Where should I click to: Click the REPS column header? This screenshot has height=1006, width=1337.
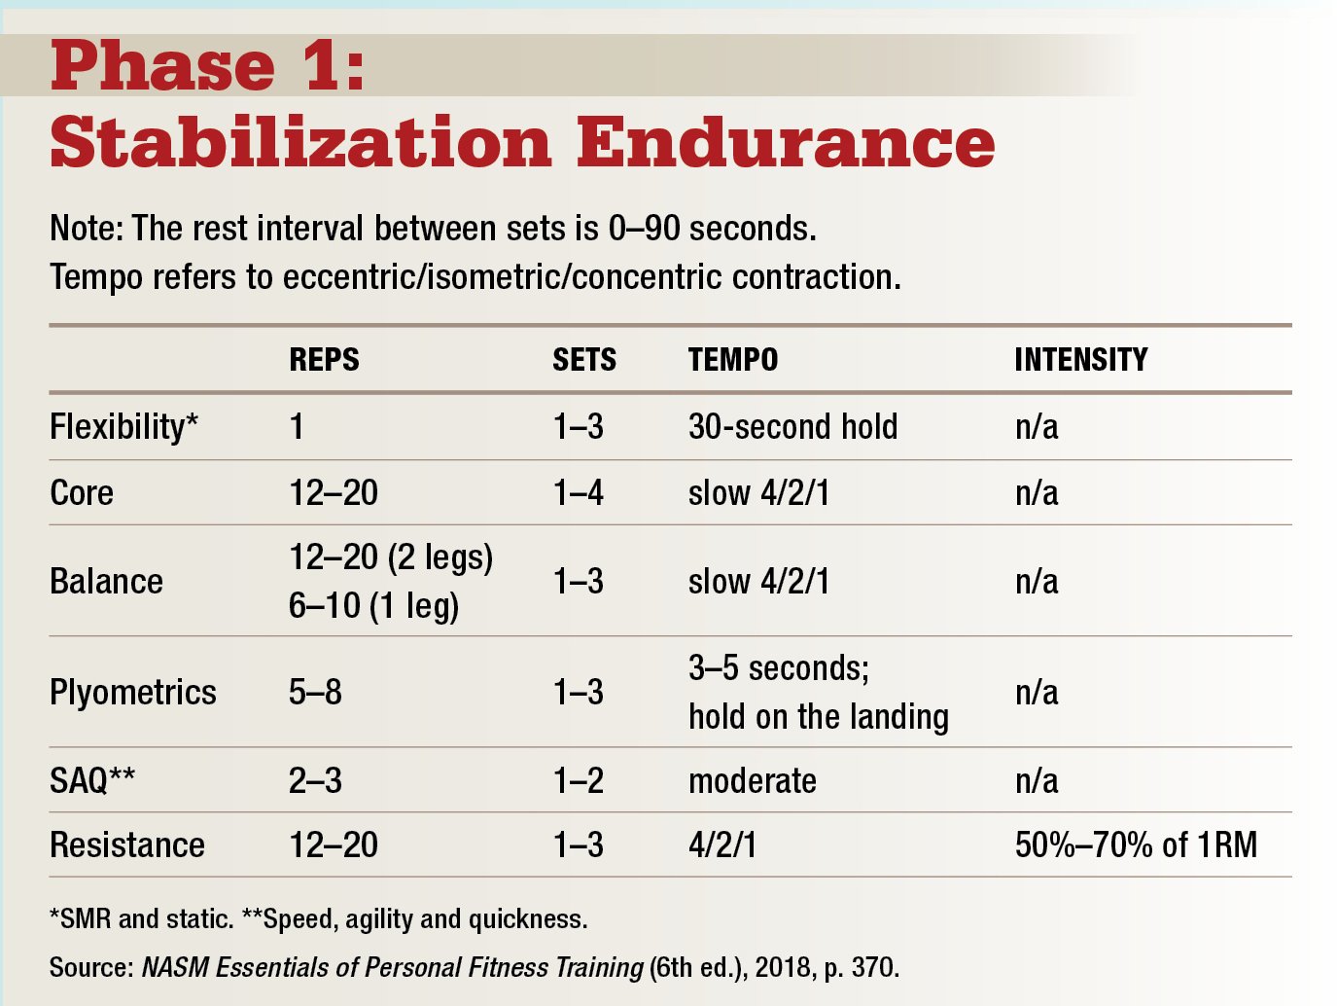tap(324, 360)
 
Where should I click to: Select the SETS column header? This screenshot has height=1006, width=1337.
tap(583, 360)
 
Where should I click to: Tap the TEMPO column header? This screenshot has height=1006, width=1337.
tap(732, 360)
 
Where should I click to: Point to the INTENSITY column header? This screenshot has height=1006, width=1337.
tap(1080, 360)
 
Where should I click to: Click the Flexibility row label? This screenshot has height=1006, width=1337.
tap(123, 427)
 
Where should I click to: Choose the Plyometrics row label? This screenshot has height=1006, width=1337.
tap(133, 693)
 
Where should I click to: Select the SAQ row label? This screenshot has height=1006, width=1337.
tap(92, 780)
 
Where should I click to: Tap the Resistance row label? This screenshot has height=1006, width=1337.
tap(127, 844)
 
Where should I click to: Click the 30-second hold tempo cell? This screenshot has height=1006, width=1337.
tap(792, 427)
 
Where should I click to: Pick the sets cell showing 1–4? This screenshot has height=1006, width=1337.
tap(578, 492)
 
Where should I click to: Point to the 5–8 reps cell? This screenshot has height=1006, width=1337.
tap(315, 693)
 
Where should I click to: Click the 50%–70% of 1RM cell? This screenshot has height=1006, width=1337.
tap(1136, 844)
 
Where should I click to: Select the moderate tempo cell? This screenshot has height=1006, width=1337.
tap(752, 780)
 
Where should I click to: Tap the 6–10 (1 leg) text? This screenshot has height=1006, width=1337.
tap(373, 606)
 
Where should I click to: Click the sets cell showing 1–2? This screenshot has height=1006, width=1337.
tap(578, 780)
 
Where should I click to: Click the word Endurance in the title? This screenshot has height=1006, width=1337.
tap(786, 142)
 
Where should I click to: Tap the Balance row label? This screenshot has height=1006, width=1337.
tap(106, 582)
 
